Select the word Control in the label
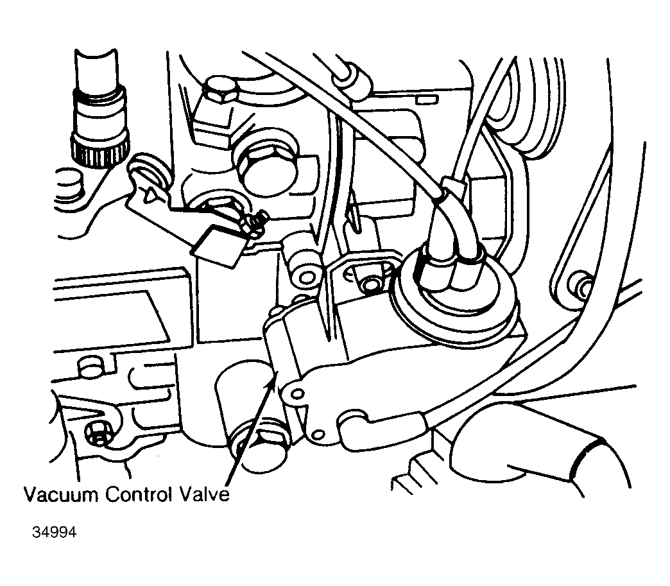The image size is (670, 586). tap(138, 494)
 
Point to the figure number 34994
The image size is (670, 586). tap(55, 533)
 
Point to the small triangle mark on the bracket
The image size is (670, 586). tap(151, 195)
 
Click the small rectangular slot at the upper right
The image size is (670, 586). tap(427, 99)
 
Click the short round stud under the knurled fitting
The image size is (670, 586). tap(67, 184)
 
